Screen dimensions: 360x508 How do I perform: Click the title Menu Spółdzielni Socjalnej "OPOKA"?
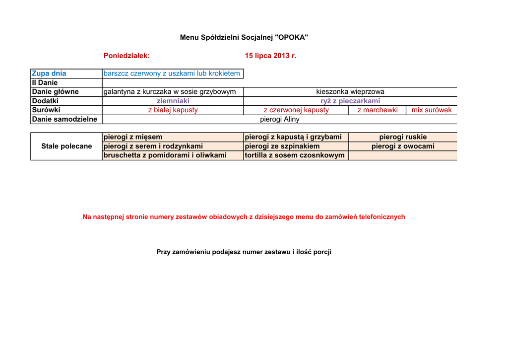[x=244, y=37]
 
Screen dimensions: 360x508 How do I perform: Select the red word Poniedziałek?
[x=127, y=56]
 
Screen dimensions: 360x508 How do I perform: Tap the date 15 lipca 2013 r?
[x=270, y=56]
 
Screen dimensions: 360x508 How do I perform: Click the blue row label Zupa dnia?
[x=49, y=73]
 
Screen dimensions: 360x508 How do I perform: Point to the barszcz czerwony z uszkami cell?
[x=172, y=73]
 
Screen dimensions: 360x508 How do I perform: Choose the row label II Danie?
[x=45, y=82]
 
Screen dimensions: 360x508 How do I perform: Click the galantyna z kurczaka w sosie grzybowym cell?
[x=170, y=92]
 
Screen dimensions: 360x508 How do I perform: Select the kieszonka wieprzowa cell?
[x=350, y=92]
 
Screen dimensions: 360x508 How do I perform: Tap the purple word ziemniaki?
[x=173, y=101]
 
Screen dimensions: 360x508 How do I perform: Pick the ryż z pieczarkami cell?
[x=350, y=101]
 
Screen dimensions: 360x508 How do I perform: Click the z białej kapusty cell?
[x=173, y=110]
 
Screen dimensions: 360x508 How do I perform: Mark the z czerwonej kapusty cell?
[x=296, y=110]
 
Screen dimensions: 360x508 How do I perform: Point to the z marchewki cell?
[x=378, y=110]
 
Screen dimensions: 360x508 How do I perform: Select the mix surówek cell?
[x=432, y=110]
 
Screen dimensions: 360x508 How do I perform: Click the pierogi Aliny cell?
[x=280, y=119]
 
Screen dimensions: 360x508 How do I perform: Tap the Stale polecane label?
[x=66, y=146]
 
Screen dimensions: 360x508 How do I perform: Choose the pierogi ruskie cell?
[x=403, y=137]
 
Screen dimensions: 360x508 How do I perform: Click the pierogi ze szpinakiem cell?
[x=282, y=146]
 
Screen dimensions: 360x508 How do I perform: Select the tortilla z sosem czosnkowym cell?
[x=295, y=155]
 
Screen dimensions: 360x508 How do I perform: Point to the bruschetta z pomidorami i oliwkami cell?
[x=165, y=155]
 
